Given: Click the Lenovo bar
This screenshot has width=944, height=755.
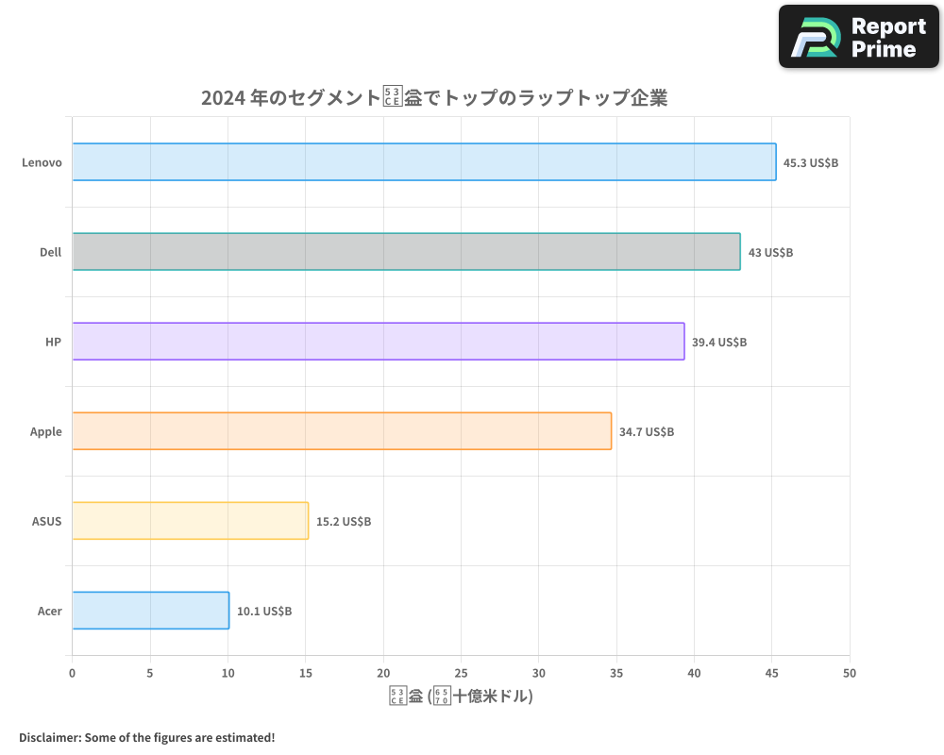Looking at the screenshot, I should click(x=424, y=162).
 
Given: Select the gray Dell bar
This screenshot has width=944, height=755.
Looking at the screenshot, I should click(x=406, y=252).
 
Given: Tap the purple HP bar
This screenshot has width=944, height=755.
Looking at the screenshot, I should click(x=378, y=342).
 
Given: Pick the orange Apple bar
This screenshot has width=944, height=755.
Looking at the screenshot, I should click(x=342, y=431).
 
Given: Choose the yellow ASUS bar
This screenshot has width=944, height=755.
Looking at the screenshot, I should click(x=190, y=521).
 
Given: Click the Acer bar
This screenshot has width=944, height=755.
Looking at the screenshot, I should click(x=150, y=611).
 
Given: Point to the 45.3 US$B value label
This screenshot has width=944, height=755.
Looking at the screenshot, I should click(x=811, y=163).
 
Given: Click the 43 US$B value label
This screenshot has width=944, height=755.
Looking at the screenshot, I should click(x=770, y=253).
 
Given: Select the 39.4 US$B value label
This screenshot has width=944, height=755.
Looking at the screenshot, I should click(x=719, y=343).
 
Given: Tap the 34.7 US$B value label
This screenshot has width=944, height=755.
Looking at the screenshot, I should click(x=647, y=432).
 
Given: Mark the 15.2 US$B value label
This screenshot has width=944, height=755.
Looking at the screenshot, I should click(x=344, y=522).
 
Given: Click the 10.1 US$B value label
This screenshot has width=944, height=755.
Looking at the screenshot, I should click(x=264, y=612).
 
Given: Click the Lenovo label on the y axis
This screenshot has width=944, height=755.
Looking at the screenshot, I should click(x=42, y=163).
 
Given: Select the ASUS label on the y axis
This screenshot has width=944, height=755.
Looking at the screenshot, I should click(x=46, y=522).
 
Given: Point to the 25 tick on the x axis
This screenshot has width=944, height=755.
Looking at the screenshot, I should click(x=461, y=674).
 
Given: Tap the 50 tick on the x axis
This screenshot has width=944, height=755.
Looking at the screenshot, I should click(x=850, y=674).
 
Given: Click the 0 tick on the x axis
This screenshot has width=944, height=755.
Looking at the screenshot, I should click(x=72, y=674).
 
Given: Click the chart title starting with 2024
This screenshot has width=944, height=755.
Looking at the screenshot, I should click(x=434, y=98).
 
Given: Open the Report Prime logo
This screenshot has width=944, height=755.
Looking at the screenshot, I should click(x=858, y=37).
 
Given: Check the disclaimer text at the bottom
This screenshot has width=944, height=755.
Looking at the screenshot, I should click(x=147, y=737).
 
